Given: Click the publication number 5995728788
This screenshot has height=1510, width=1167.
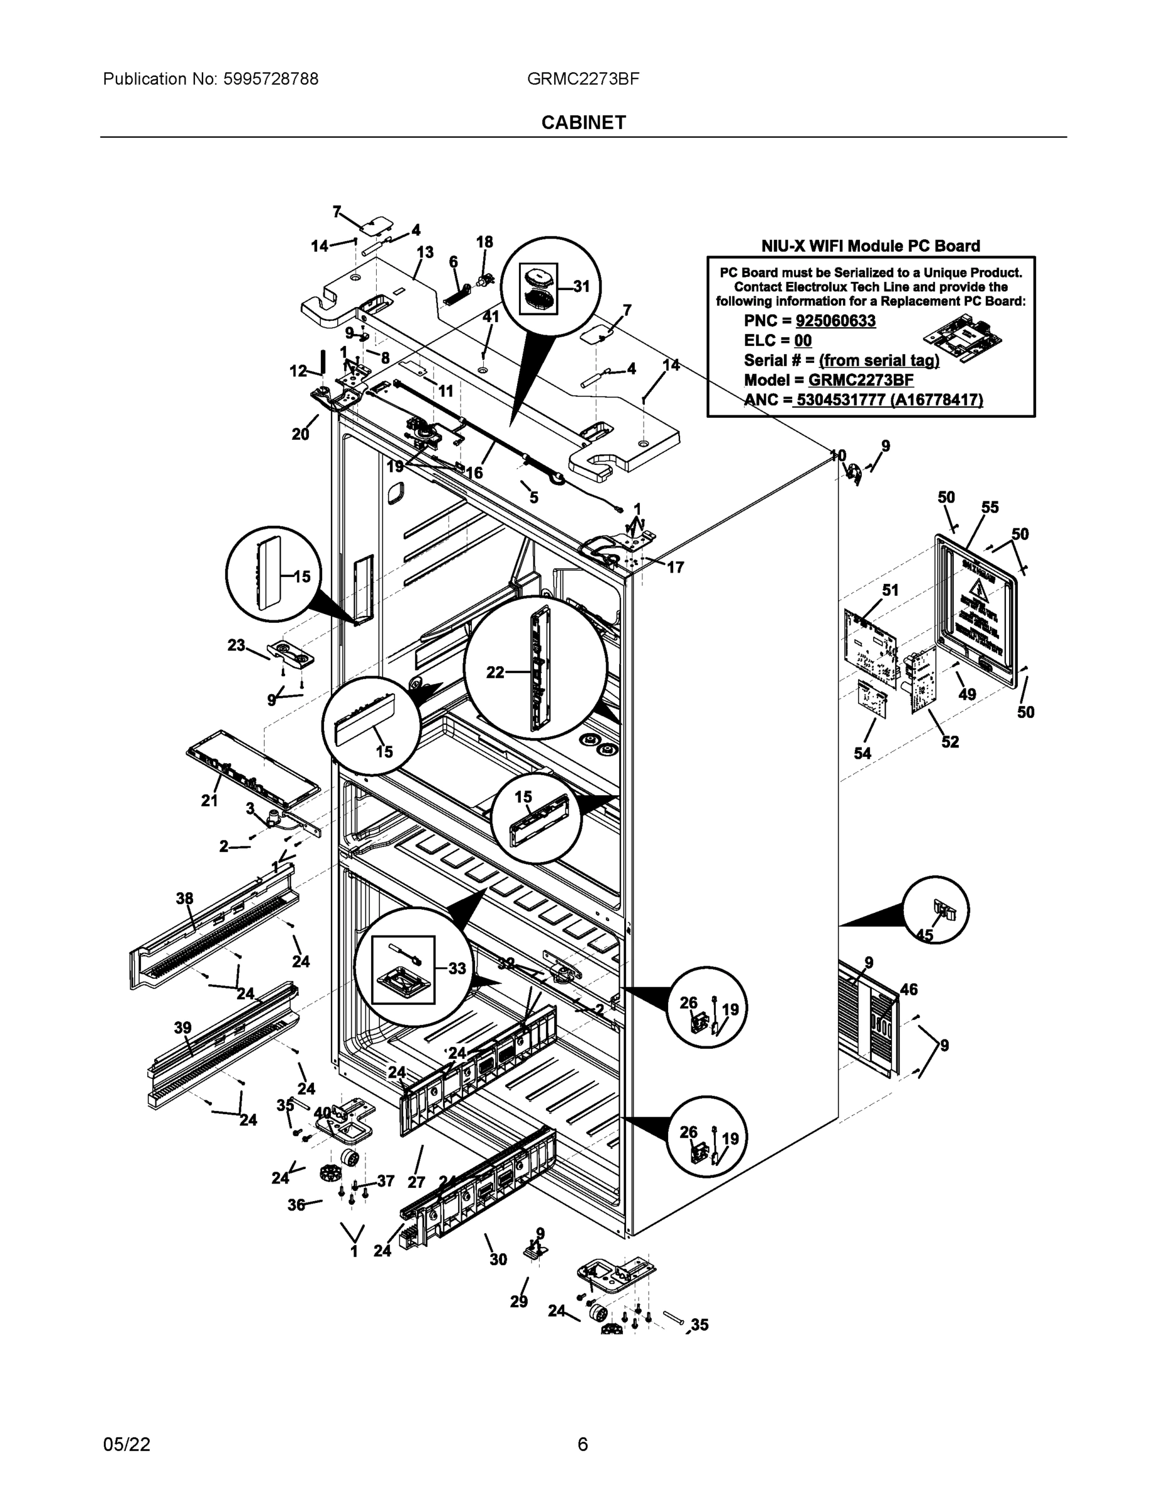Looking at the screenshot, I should pos(271,79).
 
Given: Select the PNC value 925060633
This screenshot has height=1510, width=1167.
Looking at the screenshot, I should pos(835,321).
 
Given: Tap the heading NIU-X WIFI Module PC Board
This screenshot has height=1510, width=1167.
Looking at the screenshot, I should pos(871,245).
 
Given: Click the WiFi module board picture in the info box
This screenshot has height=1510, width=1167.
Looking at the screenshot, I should pos(964,337).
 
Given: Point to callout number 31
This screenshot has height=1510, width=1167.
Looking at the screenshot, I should pos(581,286).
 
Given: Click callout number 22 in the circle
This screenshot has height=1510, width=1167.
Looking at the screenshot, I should pos(495,672).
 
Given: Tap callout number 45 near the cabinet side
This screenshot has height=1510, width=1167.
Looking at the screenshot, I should pos(924,936).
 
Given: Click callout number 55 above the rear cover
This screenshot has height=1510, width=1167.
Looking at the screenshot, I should pos(990,508).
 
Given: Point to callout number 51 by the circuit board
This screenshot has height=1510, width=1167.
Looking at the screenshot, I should pos(890,590).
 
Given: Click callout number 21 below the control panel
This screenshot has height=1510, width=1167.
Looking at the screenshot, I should pos(209,801).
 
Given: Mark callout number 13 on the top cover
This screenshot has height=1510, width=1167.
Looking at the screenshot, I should pos(425,252).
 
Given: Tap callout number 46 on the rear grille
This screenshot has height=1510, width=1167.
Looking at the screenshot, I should pos(908,990).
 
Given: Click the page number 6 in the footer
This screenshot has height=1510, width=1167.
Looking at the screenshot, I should pos(583,1445).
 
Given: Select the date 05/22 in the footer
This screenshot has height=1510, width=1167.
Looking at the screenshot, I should pos(126,1445).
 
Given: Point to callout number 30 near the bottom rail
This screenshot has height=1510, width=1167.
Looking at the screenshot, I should pos(498,1260).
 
